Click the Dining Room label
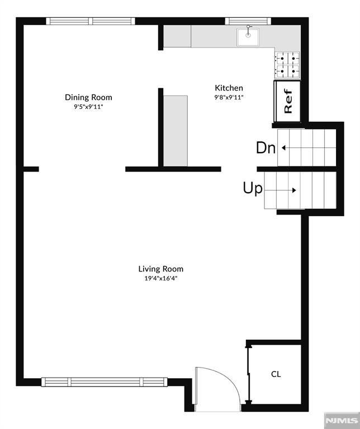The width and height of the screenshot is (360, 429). [x=88, y=97]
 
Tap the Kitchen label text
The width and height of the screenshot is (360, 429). [x=229, y=88]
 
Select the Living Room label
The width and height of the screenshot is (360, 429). [x=160, y=269]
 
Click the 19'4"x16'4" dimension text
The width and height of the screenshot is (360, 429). [x=160, y=278]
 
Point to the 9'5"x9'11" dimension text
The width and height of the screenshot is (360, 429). [x=88, y=106]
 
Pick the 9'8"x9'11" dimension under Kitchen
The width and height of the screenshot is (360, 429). [x=229, y=97]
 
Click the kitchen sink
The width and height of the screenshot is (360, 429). [x=248, y=37]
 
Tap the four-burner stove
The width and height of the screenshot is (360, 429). [x=287, y=64]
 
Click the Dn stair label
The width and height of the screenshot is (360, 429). [x=266, y=148]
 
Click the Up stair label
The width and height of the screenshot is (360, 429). [x=252, y=189]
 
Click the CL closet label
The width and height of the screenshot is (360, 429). [x=276, y=374]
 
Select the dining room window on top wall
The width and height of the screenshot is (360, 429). [x=91, y=21]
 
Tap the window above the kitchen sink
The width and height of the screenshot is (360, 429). [x=247, y=21]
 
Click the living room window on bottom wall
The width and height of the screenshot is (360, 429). [x=105, y=382]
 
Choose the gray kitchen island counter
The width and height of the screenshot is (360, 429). [x=176, y=130]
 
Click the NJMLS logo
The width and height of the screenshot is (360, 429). [x=341, y=420]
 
